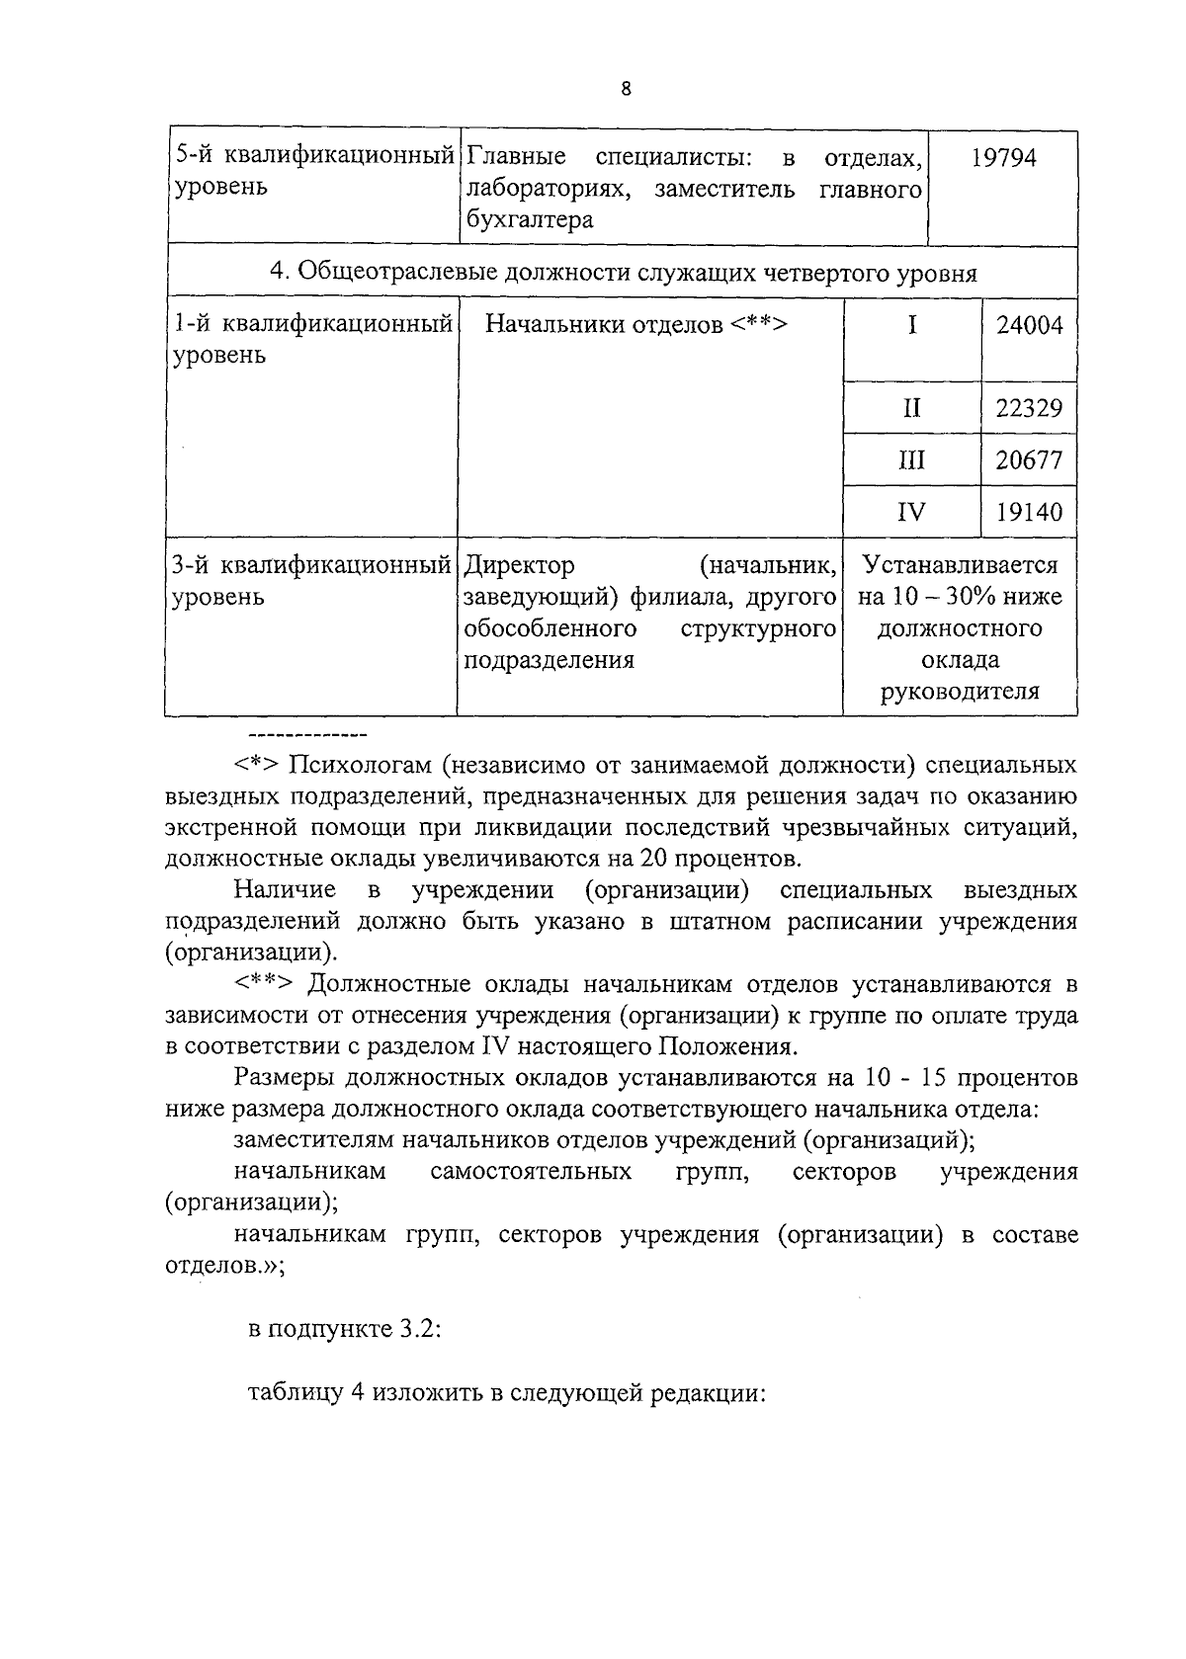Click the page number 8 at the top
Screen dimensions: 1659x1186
pyautogui.click(x=625, y=89)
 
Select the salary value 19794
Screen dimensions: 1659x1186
pyautogui.click(x=1003, y=158)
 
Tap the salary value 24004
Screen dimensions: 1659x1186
pyautogui.click(x=1029, y=325)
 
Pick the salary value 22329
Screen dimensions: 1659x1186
pyautogui.click(x=1029, y=407)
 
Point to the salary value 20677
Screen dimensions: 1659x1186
pyautogui.click(x=1029, y=459)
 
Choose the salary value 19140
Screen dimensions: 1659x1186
pyautogui.click(x=1029, y=512)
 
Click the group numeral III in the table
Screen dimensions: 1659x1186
pyautogui.click(x=911, y=459)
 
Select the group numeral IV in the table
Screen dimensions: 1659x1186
pyautogui.click(x=911, y=512)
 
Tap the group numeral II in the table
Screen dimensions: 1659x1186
pyautogui.click(x=911, y=407)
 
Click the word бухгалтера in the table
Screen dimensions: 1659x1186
pyautogui.click(x=529, y=219)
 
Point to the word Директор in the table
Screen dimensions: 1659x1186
pyautogui.click(x=519, y=566)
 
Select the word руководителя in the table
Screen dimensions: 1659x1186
pyautogui.click(x=960, y=691)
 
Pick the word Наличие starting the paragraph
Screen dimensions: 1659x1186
pyautogui.click(x=285, y=890)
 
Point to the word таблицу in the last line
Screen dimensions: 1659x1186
pyautogui.click(x=293, y=1393)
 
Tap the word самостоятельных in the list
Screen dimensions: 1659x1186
pyautogui.click(x=531, y=1172)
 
